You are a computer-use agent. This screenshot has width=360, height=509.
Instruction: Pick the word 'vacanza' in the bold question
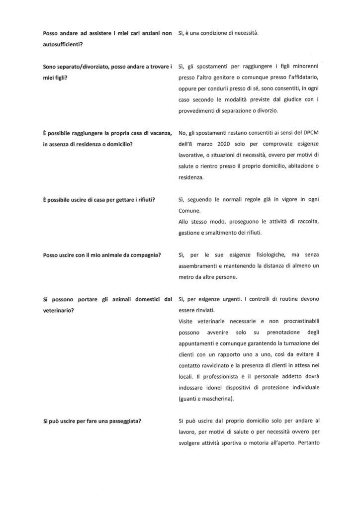159,133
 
